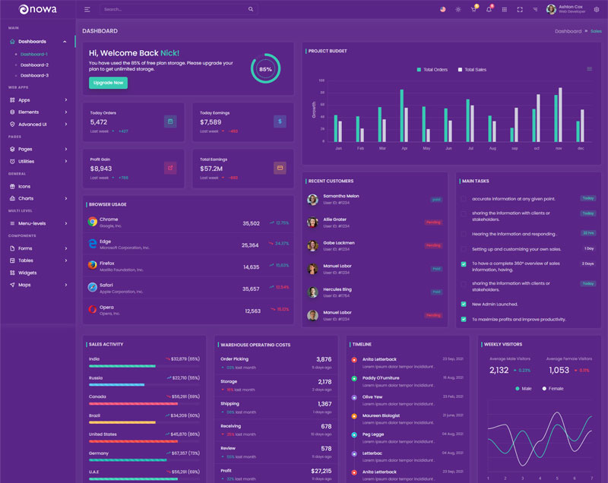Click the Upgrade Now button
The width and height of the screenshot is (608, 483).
[108, 83]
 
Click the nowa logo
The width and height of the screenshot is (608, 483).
[33, 9]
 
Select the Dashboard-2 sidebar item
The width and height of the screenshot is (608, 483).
[34, 65]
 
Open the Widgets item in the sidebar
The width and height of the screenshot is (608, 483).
[27, 273]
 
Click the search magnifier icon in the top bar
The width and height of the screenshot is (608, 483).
[251, 9]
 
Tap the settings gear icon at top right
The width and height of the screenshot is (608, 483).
[597, 9]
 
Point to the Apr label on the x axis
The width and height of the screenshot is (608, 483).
[404, 148]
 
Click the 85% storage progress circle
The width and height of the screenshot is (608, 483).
[265, 68]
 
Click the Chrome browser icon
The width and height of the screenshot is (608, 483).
[93, 222]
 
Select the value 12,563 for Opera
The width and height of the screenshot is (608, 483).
[252, 311]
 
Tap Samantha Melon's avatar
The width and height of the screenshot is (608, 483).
[312, 199]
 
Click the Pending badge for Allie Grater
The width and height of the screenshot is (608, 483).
[433, 223]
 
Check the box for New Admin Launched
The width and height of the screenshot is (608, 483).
[464, 304]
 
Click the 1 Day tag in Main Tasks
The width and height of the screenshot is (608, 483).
[588, 248]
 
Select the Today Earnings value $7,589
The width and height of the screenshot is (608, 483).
[211, 122]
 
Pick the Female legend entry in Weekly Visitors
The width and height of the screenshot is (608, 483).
[553, 388]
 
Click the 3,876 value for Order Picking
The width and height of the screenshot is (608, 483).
[324, 359]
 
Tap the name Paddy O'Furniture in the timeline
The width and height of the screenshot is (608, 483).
[381, 377]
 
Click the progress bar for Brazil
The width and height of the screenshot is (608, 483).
[122, 422]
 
